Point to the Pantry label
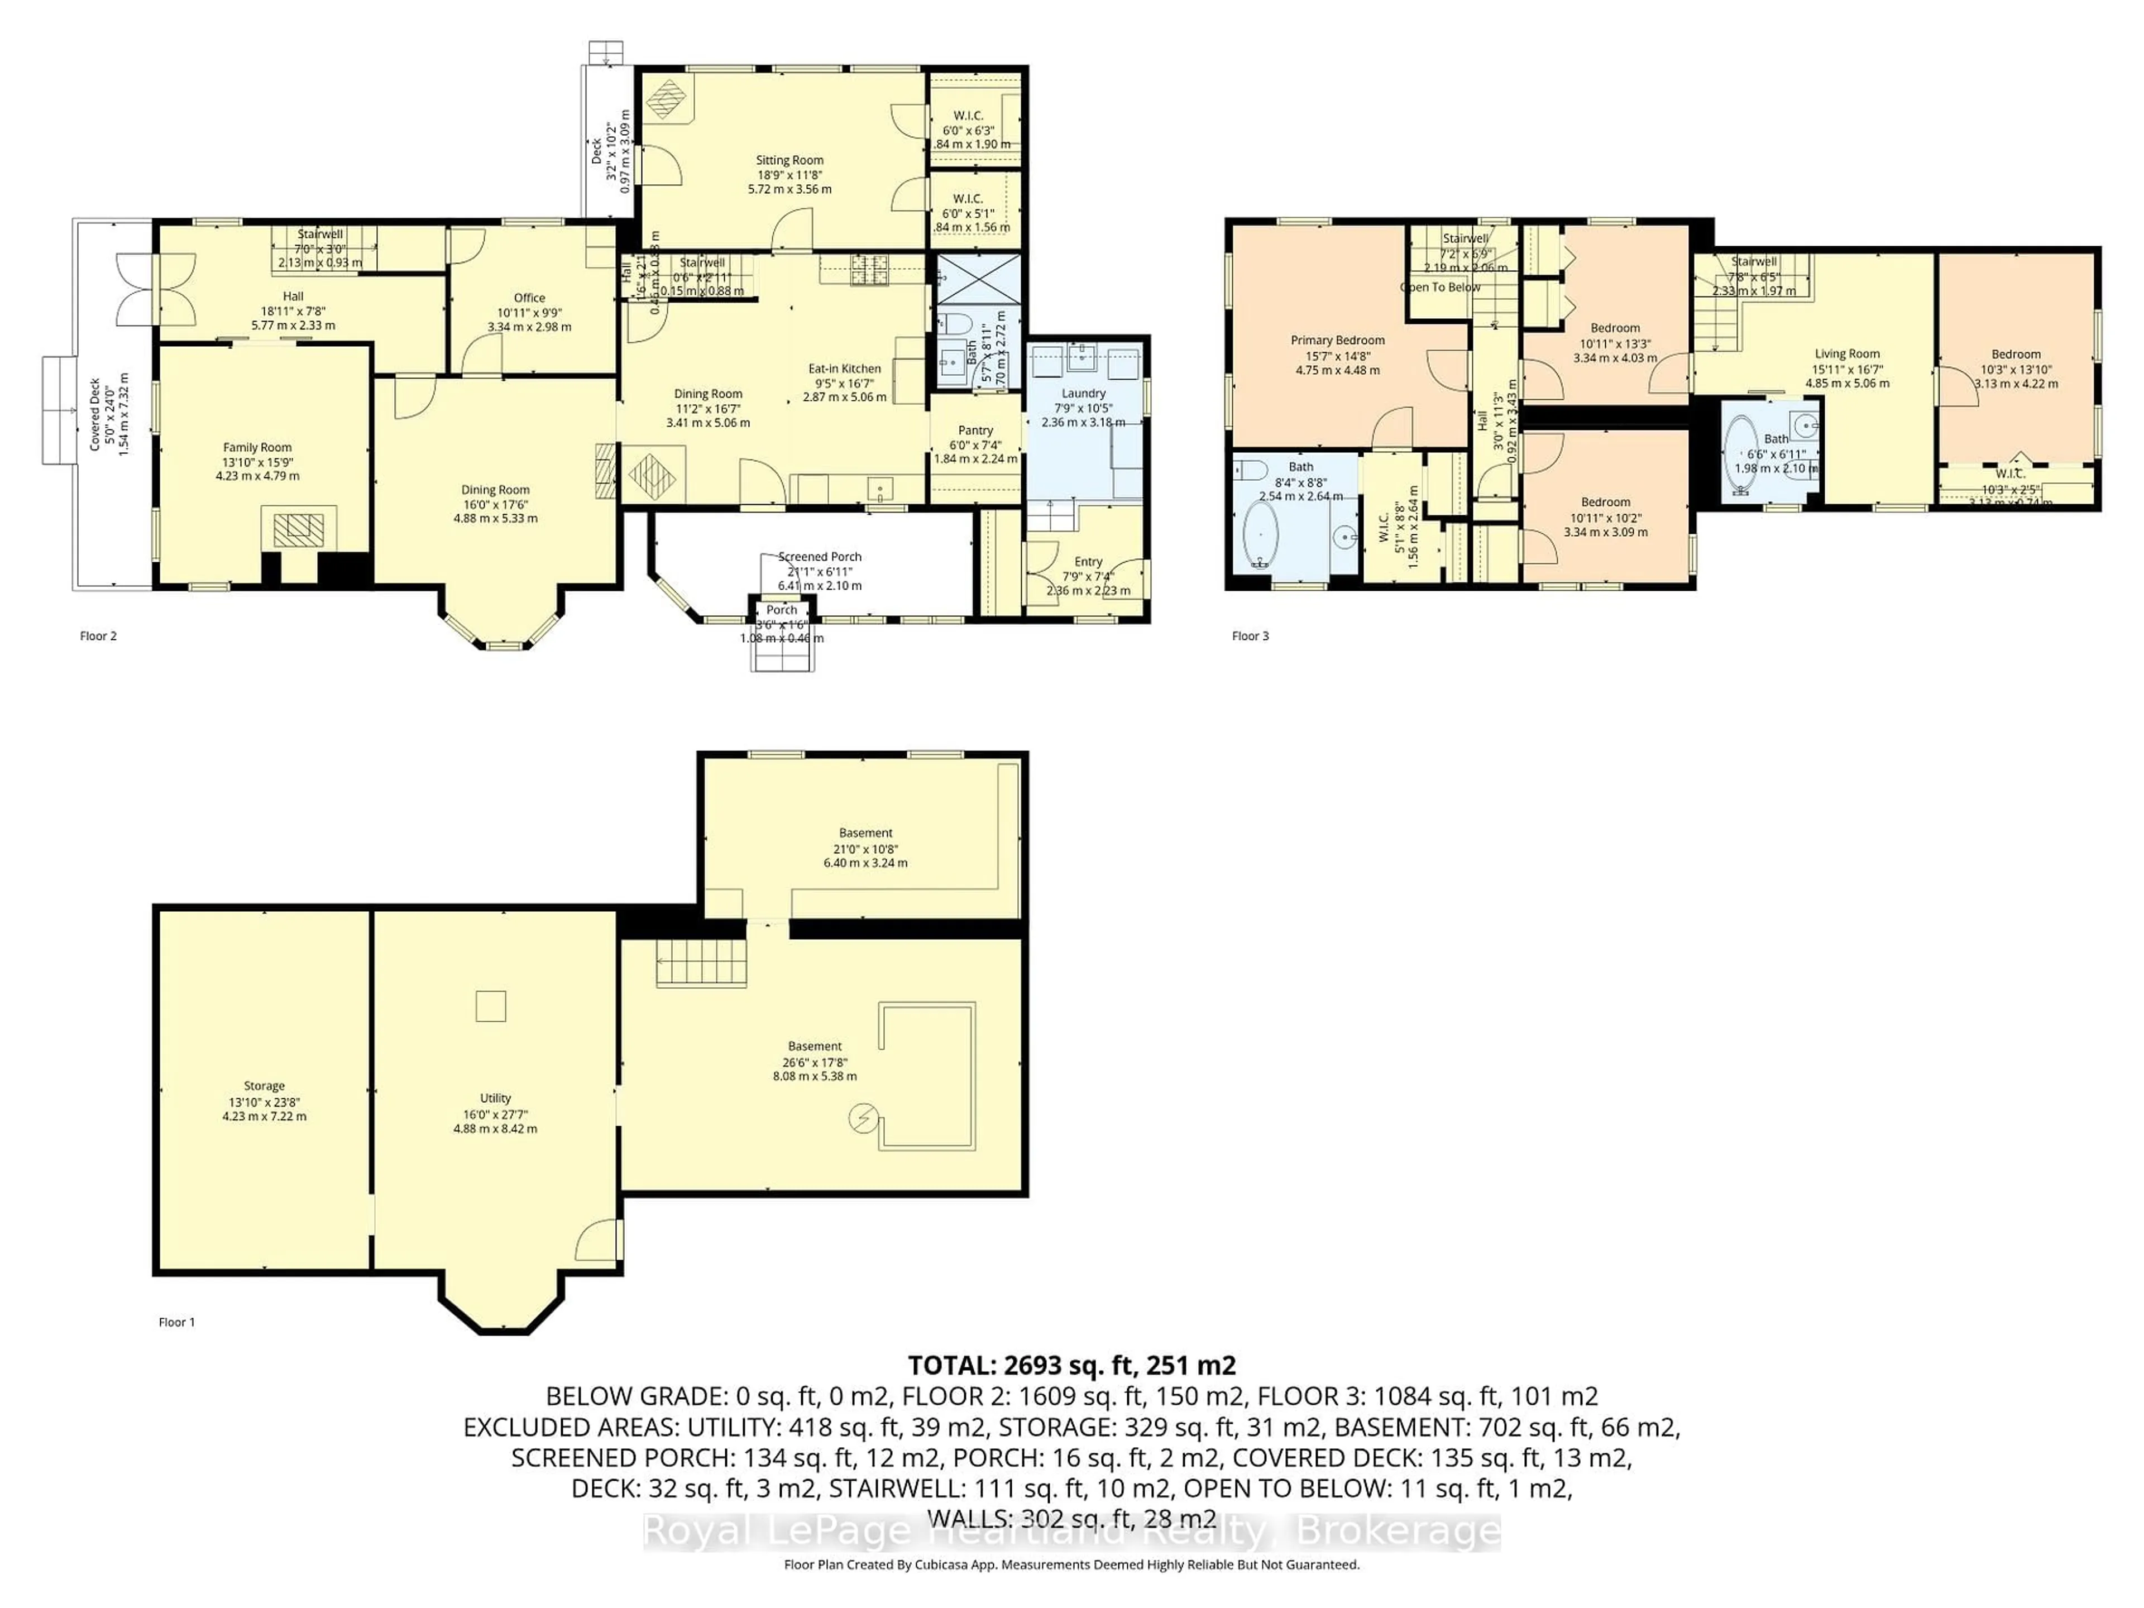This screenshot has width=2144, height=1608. [975, 430]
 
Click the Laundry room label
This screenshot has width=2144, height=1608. [1083, 394]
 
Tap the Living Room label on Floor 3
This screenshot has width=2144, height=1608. [1846, 354]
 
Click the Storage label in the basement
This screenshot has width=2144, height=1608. [264, 1087]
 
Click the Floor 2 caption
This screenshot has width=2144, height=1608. [98, 636]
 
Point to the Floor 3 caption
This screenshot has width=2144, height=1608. [1250, 636]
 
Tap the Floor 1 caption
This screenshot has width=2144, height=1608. [176, 1322]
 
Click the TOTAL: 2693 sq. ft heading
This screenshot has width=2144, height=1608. [1071, 1366]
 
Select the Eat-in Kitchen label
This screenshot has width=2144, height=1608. [844, 368]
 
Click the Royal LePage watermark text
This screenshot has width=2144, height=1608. [1071, 1533]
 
